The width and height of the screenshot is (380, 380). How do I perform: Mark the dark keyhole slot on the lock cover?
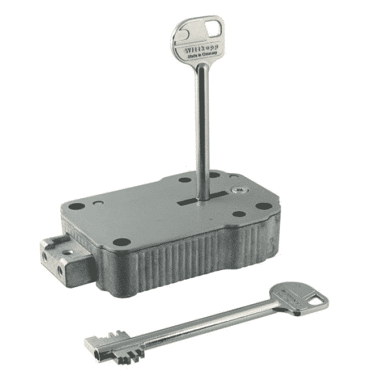tap(192, 202)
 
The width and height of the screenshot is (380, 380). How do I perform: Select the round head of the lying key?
tap(298, 295)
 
